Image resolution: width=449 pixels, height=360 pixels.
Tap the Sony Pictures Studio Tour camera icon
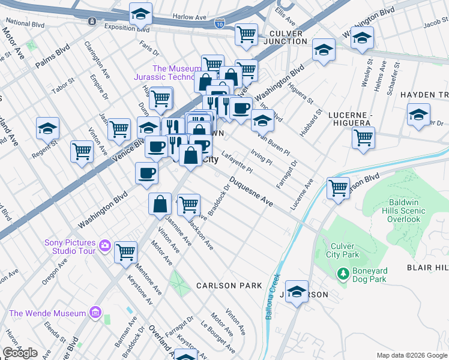105,245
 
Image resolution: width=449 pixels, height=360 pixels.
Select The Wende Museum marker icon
94,313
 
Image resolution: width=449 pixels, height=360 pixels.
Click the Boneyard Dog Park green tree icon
343,274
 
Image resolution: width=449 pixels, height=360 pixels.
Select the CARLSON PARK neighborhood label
229,286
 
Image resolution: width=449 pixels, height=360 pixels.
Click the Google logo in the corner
20,352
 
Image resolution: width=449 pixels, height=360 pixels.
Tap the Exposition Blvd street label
127,28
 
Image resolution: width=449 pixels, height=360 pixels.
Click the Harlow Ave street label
188,17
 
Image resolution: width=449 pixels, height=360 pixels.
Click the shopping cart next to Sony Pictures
125,252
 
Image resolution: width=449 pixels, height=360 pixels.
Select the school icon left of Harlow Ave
141,13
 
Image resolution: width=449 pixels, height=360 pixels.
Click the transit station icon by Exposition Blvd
91,22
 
